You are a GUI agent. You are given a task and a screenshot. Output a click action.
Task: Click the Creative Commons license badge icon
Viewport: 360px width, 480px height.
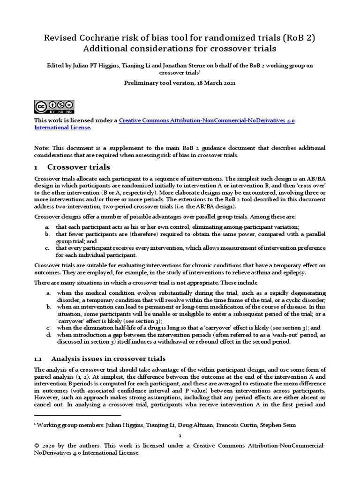point(54,107)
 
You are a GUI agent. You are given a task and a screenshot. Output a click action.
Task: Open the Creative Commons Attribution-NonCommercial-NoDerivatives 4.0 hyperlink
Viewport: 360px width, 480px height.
point(207,120)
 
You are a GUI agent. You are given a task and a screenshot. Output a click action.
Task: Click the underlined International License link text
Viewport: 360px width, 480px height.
point(61,127)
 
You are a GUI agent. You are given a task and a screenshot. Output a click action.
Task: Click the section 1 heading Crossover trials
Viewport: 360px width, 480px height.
point(79,167)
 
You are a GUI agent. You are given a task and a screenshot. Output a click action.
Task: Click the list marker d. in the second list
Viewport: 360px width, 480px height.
point(48,335)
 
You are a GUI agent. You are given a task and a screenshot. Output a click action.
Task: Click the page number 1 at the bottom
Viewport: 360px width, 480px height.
point(180,435)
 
